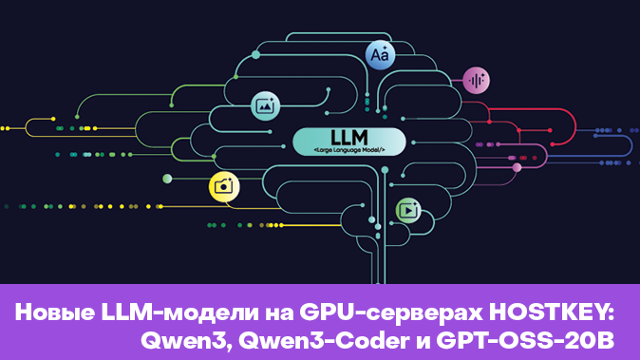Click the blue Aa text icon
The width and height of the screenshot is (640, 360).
tap(380, 55)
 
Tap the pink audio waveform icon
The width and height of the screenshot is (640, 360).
tap(477, 81)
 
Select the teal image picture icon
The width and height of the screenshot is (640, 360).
tap(265, 105)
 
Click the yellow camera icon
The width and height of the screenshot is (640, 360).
tap(224, 187)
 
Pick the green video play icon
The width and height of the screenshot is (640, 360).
tap(408, 210)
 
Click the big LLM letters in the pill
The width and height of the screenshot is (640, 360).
tap(349, 138)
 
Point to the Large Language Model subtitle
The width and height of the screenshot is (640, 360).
tap(349, 150)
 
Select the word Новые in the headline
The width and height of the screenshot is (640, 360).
tap(55, 313)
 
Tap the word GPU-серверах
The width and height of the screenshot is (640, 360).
tap(391, 313)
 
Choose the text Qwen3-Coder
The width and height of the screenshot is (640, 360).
tap(325, 341)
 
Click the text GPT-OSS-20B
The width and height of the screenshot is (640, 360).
tap(525, 341)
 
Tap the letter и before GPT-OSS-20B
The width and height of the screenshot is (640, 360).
tap(424, 342)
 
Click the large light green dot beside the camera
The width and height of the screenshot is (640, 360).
tap(167, 179)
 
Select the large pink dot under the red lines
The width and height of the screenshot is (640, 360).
tap(518, 167)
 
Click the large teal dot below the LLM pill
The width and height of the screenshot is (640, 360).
tap(385, 169)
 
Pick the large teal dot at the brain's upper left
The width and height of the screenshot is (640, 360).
tap(256, 55)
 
